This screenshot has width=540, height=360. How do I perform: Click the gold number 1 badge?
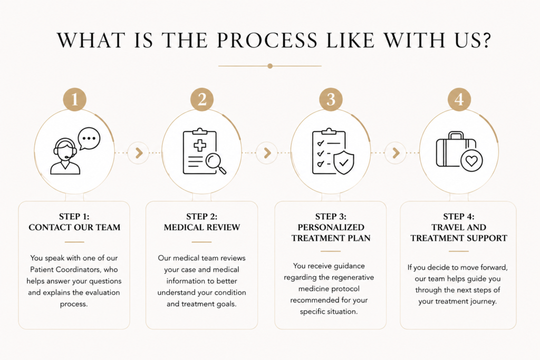[x=75, y=100]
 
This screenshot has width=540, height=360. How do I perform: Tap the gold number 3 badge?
[x=331, y=100]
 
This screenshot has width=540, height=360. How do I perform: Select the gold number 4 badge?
[x=459, y=100]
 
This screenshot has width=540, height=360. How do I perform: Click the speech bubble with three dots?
[x=89, y=139]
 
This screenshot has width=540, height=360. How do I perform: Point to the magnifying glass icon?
[x=216, y=163]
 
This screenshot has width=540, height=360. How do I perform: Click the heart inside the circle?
[x=471, y=161]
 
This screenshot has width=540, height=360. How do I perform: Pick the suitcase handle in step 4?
[x=456, y=135]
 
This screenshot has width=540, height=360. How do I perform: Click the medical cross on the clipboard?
[x=200, y=145]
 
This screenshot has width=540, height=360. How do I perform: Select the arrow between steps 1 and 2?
[x=139, y=153]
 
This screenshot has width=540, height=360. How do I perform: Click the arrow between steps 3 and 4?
[x=396, y=153]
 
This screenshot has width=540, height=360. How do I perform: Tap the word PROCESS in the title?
[x=267, y=40]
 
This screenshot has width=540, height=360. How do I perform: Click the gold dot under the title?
[x=270, y=66]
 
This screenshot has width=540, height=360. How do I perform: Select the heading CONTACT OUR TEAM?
[x=74, y=227]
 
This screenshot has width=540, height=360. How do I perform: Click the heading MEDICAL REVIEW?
[x=202, y=227]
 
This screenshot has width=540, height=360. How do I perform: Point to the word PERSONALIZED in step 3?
[x=331, y=227]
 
